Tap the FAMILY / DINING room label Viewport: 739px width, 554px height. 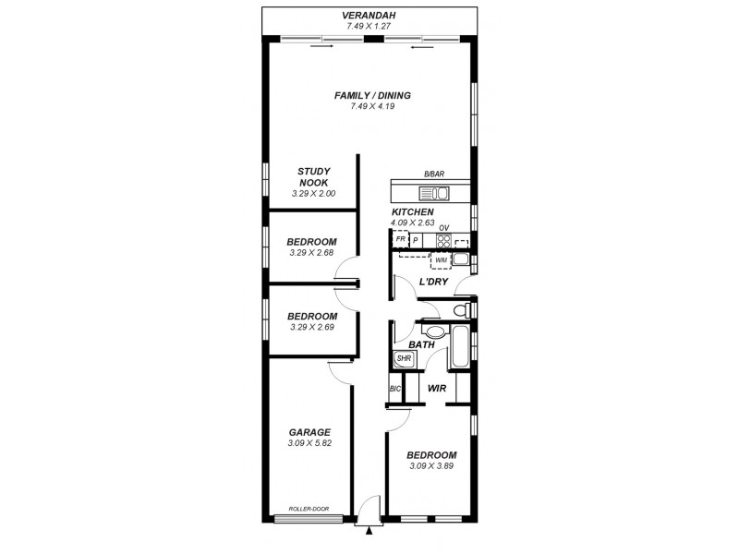[x=373, y=95]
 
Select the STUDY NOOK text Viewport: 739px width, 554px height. [x=313, y=176]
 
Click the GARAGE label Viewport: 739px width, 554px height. [x=309, y=432]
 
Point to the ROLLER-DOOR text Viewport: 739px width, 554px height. [x=308, y=509]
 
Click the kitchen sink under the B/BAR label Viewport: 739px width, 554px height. [x=433, y=194]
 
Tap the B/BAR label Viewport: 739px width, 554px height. [x=433, y=175]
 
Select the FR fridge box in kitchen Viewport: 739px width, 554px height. [x=400, y=240]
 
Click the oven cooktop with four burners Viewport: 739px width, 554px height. [x=443, y=241]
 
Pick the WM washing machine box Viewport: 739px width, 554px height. [x=441, y=260]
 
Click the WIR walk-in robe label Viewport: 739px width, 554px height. [x=437, y=389]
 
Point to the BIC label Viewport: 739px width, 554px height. [x=394, y=389]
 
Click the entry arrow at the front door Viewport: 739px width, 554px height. [x=369, y=531]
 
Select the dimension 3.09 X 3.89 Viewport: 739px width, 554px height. [x=432, y=466]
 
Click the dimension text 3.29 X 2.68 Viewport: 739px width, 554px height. [x=311, y=252]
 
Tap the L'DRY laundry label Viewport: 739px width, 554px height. [x=434, y=282]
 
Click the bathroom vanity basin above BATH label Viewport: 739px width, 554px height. [x=432, y=331]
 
